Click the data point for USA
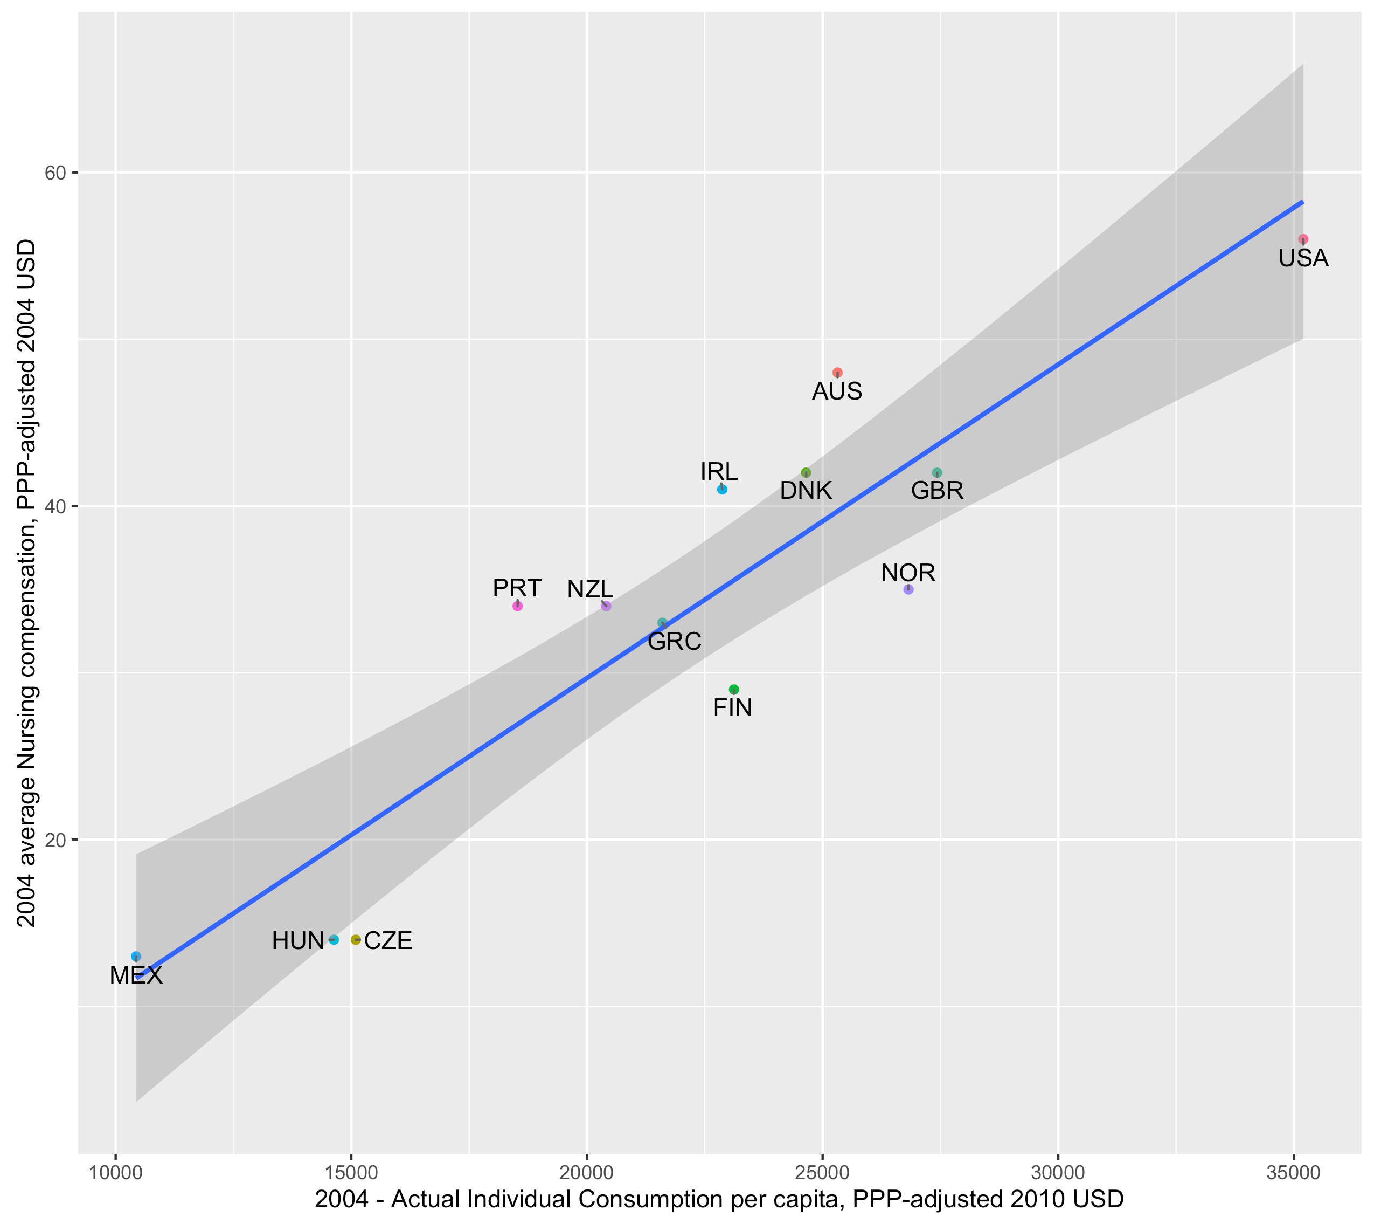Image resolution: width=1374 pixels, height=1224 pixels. [1303, 239]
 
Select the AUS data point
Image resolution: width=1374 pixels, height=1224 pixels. [837, 373]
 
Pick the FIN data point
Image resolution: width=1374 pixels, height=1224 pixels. [733, 689]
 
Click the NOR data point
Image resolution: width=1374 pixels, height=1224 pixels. [908, 589]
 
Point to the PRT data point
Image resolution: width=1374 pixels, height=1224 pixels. [517, 606]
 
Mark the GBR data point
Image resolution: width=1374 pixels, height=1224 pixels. [937, 473]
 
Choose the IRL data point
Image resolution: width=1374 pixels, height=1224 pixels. [722, 490]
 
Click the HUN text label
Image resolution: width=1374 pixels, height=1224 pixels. [298, 941]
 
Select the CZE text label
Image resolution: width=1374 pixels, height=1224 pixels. [388, 941]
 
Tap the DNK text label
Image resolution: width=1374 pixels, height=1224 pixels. [806, 491]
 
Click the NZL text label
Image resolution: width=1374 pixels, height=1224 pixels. [590, 590]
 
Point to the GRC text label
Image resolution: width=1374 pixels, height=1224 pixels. [674, 642]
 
